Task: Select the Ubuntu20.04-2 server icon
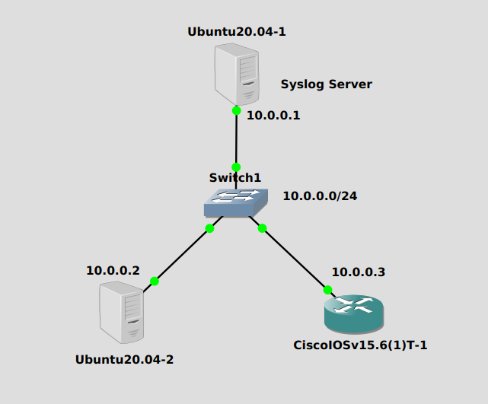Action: (122, 311)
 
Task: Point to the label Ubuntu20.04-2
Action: (124, 359)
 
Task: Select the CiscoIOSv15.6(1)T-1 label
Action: (360, 345)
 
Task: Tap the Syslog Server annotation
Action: (326, 84)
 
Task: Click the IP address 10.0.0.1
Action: (274, 116)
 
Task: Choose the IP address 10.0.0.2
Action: (113, 270)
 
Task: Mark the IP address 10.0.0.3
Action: (359, 272)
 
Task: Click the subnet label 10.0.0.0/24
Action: (320, 196)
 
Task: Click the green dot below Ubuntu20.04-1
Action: (237, 110)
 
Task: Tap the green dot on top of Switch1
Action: (236, 167)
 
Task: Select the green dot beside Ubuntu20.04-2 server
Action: (155, 281)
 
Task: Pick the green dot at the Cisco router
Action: (327, 290)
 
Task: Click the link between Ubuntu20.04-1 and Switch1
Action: (236, 138)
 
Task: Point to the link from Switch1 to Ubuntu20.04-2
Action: (183, 254)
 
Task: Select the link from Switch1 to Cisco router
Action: (295, 259)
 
